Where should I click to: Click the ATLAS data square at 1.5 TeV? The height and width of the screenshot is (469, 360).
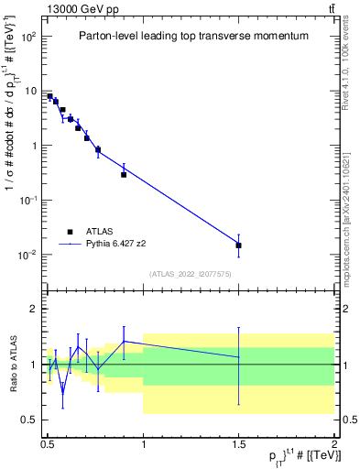coord(238,245)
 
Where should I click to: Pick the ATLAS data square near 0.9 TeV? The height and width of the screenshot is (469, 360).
coord(124,174)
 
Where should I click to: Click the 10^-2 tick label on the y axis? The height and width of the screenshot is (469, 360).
coord(25,254)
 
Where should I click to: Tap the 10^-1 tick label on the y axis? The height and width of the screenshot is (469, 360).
coord(25,200)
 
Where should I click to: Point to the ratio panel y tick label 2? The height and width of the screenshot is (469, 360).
coord(31,310)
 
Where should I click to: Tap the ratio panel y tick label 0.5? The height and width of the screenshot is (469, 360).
coord(28,420)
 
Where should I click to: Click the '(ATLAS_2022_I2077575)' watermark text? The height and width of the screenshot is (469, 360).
coord(191,273)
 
